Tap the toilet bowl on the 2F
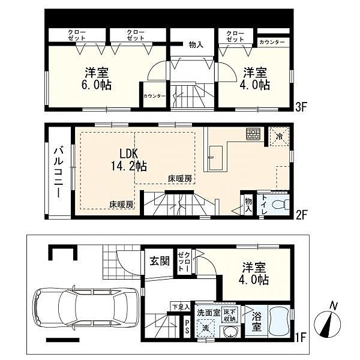coord(277,205)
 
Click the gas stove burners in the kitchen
coord(253,134)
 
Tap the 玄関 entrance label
coord(159,261)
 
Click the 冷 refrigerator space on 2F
coord(279,136)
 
